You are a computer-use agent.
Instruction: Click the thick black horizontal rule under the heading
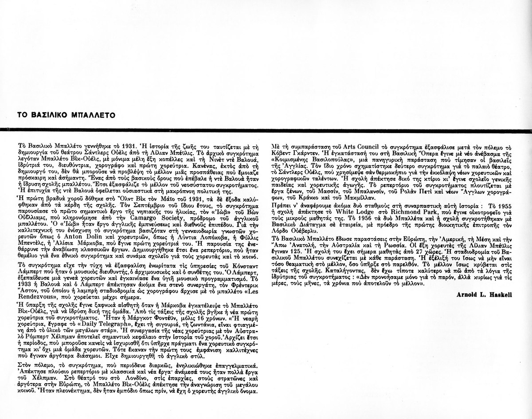point(266,129)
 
